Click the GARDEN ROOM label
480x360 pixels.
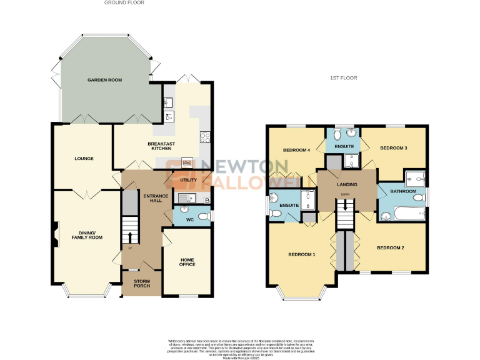[104, 80]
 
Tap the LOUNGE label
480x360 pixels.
[84, 159]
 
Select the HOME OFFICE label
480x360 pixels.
[187, 262]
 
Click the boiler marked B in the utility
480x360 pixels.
[206, 200]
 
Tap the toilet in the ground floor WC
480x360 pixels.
[205, 216]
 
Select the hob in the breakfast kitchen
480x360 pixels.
[204, 138]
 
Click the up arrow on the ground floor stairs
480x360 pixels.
[130, 237]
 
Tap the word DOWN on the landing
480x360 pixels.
[346, 194]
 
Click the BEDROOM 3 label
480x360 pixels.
[393, 148]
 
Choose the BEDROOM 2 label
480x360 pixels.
[390, 248]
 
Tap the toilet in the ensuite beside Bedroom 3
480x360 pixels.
[337, 133]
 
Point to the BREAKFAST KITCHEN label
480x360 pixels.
[161, 146]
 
